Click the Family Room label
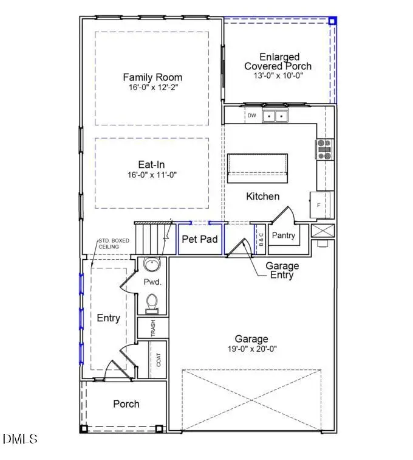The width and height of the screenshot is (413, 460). pos(152,77)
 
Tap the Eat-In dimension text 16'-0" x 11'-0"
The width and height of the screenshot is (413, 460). pos(152,175)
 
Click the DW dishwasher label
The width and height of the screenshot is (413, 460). pos(251,115)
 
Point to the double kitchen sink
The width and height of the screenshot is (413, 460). pos(276,116)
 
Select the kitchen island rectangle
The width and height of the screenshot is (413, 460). pos(258,167)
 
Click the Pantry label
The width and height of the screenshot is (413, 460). pos(284,235)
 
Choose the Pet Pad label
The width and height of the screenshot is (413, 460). pos(200,239)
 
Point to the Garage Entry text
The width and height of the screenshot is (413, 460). pos(282,270)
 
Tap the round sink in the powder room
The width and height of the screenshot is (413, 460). pos(152,266)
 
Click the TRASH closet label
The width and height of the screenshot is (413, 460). pos(153,328)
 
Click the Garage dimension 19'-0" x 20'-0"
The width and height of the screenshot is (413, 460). pos(251,349)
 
